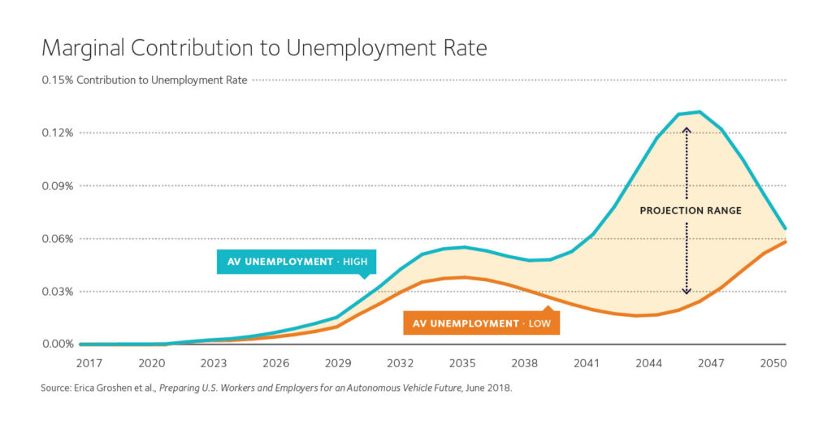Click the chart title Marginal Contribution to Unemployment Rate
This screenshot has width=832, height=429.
(x=264, y=48)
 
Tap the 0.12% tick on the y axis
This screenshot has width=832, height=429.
(x=58, y=132)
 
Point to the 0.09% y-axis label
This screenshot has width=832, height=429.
(x=58, y=185)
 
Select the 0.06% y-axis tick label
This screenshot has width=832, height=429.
(x=58, y=238)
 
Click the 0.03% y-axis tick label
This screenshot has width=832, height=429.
(x=58, y=291)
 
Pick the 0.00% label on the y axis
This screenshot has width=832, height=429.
(x=58, y=344)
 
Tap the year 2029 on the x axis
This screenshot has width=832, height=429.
(x=338, y=362)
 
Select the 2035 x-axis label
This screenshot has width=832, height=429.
(x=463, y=362)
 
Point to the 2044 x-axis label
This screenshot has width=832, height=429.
(x=649, y=362)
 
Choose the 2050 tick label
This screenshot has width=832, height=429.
(x=773, y=362)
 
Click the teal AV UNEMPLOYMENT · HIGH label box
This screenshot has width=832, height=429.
(x=297, y=262)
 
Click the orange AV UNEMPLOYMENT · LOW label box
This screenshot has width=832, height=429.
(x=481, y=323)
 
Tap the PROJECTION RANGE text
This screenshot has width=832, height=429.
(x=690, y=210)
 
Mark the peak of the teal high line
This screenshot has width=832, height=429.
(x=699, y=112)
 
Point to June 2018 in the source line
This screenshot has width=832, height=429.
(x=489, y=388)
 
